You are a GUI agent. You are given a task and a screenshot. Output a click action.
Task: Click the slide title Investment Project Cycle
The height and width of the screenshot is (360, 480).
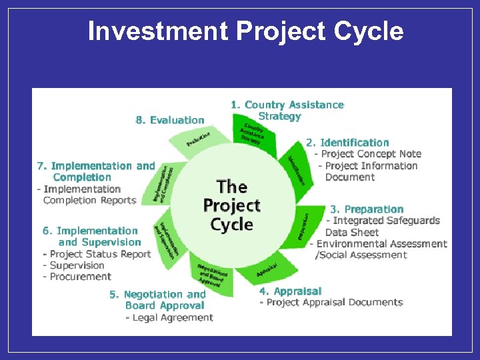(x=245, y=31)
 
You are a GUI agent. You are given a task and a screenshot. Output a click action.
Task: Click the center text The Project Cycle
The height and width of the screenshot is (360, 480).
(x=231, y=205)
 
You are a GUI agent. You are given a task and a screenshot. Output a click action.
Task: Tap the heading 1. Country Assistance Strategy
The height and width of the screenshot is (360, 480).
(x=287, y=110)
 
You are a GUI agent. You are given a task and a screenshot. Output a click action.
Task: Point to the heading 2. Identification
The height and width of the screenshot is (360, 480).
(x=347, y=143)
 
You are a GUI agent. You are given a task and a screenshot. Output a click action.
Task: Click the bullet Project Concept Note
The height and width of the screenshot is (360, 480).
(x=368, y=154)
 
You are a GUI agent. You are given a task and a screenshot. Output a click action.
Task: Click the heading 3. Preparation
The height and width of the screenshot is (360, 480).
(x=367, y=209)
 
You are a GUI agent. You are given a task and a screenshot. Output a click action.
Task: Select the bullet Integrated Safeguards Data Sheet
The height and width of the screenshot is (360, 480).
(x=383, y=226)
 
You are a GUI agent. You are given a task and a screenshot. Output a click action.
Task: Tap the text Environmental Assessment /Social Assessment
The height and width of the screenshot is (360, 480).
(x=379, y=249)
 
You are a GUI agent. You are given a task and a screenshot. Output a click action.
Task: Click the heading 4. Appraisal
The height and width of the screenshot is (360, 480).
(x=290, y=291)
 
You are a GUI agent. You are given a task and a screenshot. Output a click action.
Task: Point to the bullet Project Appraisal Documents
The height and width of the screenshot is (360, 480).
(x=331, y=303)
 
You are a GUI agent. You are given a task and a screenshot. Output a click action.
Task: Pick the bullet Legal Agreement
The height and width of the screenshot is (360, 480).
(x=169, y=317)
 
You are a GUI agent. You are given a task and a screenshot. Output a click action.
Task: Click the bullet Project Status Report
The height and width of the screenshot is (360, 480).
(x=97, y=254)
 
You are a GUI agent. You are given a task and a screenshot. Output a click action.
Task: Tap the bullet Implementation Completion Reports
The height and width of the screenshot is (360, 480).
(x=87, y=195)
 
